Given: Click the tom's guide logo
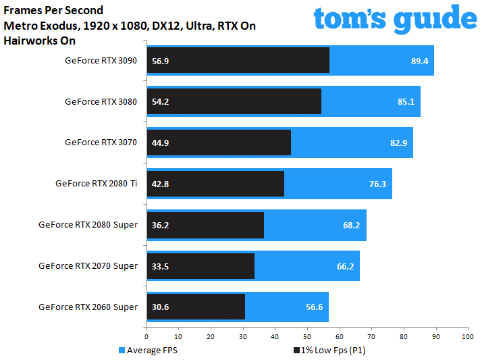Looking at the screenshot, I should [x=395, y=21].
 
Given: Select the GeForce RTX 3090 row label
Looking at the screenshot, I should [x=101, y=61].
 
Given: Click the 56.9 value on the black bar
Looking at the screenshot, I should [x=162, y=61].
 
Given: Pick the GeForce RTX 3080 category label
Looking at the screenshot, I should [x=101, y=102].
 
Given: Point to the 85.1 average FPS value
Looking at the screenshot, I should [x=406, y=102].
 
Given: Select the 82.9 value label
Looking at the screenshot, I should [x=399, y=143].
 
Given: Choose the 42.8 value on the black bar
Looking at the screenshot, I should [x=162, y=184].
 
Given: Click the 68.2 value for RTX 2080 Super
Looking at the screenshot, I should [x=352, y=225].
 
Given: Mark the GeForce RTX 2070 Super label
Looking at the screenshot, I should [x=88, y=266].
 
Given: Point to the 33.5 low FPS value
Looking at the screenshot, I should [x=162, y=266].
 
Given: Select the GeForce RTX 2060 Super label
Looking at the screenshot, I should [x=88, y=307].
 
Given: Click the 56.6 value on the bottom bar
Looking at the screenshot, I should [x=315, y=307].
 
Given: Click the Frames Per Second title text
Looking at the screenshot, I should [x=54, y=11].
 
